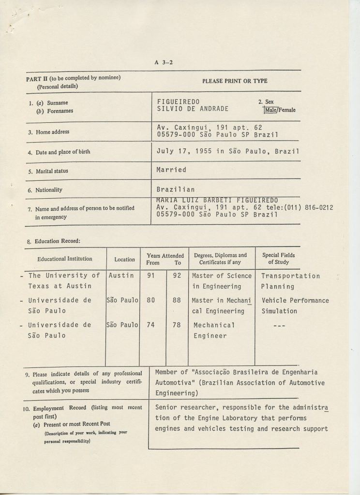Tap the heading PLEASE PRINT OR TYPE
(x=235, y=81)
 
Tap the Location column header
(x=124, y=259)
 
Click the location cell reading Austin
(x=122, y=276)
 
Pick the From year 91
(x=150, y=276)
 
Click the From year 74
(x=150, y=325)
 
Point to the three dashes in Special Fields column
(x=279, y=325)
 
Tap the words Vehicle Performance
(x=295, y=301)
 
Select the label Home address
(x=52, y=131)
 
